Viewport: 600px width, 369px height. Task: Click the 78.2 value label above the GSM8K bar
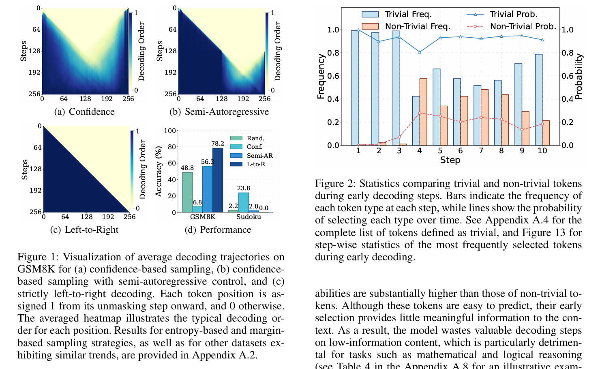[x=217, y=144]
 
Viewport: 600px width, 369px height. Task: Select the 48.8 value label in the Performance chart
[x=187, y=168]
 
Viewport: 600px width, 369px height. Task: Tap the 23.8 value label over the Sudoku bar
[x=243, y=188]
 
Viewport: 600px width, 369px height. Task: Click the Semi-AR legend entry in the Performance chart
[x=259, y=156]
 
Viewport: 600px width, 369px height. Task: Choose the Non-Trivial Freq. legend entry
[x=418, y=26]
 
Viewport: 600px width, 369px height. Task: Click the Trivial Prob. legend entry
[x=513, y=14]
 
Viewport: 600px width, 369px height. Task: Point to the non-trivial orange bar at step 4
[x=423, y=112]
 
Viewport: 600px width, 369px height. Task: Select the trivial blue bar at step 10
[x=539, y=100]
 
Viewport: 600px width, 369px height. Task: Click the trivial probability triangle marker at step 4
[x=420, y=52]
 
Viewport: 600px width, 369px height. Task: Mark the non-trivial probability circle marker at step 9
[x=522, y=130]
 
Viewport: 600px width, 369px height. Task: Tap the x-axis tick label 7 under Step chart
[x=481, y=151]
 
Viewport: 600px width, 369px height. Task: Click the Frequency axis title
[x=321, y=76]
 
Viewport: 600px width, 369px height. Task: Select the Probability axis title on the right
[x=579, y=76]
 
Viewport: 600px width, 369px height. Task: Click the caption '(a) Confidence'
[x=84, y=112]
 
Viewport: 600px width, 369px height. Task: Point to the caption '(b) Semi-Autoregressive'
[x=219, y=112]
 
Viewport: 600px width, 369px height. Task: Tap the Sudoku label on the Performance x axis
[x=249, y=217]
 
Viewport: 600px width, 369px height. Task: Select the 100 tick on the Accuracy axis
[x=170, y=131]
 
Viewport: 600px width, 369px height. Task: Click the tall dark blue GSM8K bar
[x=218, y=180]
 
